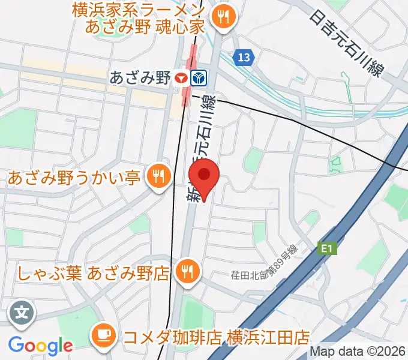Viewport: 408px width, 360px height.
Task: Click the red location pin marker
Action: [x=204, y=176]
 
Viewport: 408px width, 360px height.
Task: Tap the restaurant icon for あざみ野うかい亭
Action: [x=158, y=176]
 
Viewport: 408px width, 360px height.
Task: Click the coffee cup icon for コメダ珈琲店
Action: [x=105, y=334]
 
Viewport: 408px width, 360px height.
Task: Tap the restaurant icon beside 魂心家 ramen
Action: [x=225, y=17]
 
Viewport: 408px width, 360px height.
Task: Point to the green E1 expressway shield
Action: [x=326, y=247]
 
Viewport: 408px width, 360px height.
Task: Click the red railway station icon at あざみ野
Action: [x=181, y=77]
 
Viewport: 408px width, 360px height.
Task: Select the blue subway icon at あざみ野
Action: [x=199, y=77]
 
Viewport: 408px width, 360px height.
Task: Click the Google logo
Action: [x=40, y=345]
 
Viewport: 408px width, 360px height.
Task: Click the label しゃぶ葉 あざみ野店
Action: [x=92, y=274]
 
